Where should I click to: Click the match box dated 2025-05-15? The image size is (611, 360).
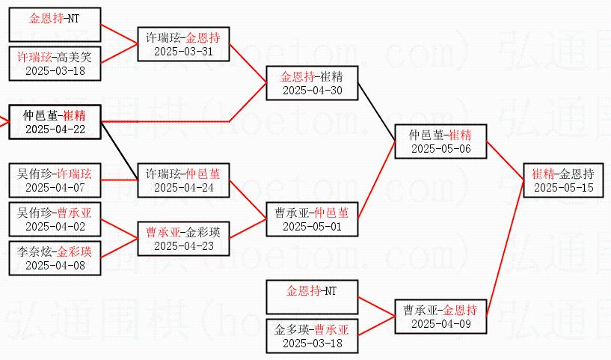point(563,180)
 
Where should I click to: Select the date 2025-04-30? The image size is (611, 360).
point(312,91)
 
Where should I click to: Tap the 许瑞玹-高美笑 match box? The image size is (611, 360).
point(55,64)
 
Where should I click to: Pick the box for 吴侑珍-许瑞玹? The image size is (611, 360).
point(55,180)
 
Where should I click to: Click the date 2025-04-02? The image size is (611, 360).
point(55,226)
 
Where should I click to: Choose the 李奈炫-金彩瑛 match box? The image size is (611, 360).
point(55,258)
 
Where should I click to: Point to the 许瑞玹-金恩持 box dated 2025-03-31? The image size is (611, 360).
point(183,44)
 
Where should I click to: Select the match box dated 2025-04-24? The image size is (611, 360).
point(183,180)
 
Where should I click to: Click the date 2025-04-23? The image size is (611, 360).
point(183,245)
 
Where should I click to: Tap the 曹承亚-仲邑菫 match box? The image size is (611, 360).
point(312,219)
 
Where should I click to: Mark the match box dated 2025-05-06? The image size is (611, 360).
point(440,141)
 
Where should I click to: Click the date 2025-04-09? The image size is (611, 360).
point(440,324)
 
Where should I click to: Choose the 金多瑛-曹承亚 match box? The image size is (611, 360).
point(312,336)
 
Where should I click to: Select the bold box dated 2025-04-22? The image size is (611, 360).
point(55,122)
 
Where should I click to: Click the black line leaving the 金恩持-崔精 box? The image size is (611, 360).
point(376,112)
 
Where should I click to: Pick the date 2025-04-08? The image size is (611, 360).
point(55,265)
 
